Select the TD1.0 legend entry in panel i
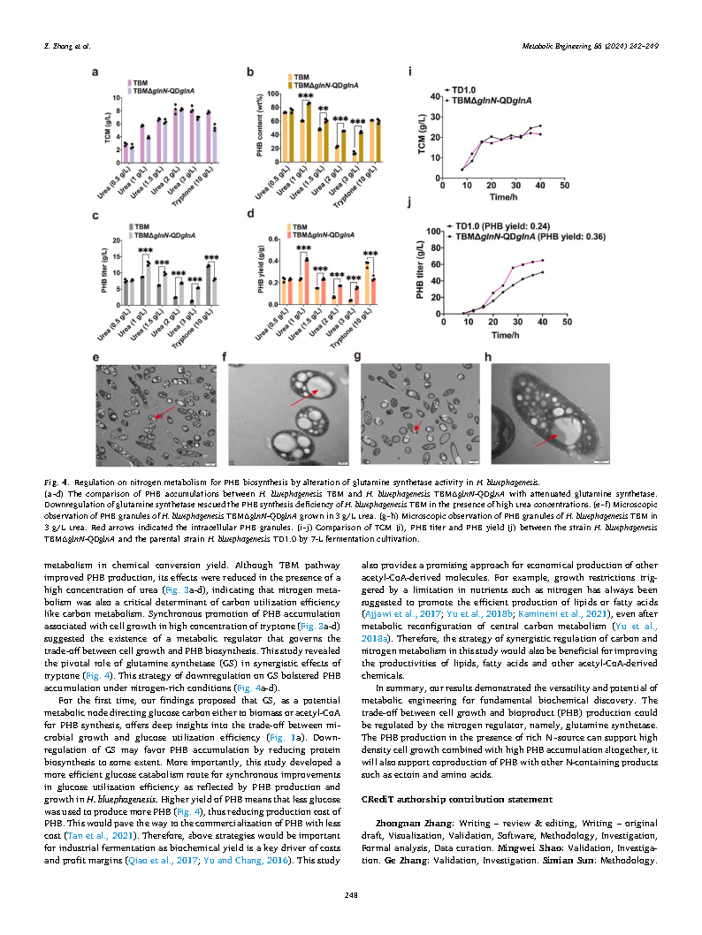[x=462, y=89]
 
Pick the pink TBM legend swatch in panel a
[x=128, y=80]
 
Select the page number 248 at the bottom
[x=350, y=896]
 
